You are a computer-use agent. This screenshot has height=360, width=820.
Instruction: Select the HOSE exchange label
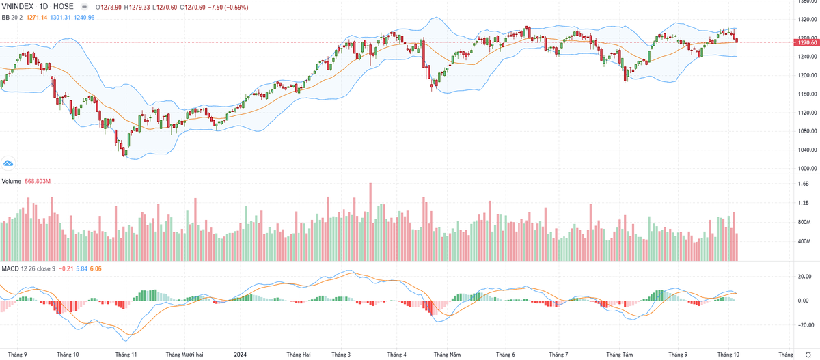[x=64, y=6]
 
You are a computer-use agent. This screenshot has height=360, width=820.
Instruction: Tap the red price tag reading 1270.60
[x=806, y=42]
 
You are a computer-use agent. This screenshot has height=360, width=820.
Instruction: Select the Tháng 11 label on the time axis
[x=126, y=355]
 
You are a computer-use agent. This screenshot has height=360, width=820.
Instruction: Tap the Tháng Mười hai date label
[x=184, y=355]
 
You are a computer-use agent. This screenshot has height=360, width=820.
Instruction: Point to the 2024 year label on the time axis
[x=240, y=355]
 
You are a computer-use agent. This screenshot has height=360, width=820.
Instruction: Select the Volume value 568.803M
[x=38, y=181]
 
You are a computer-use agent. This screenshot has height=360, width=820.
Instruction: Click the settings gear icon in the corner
[x=809, y=355]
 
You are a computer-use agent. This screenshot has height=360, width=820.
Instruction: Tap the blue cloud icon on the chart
[x=9, y=163]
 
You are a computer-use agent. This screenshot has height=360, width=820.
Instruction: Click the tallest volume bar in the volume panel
[x=370, y=222]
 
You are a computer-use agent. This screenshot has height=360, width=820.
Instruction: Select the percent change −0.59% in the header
[x=231, y=6]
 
